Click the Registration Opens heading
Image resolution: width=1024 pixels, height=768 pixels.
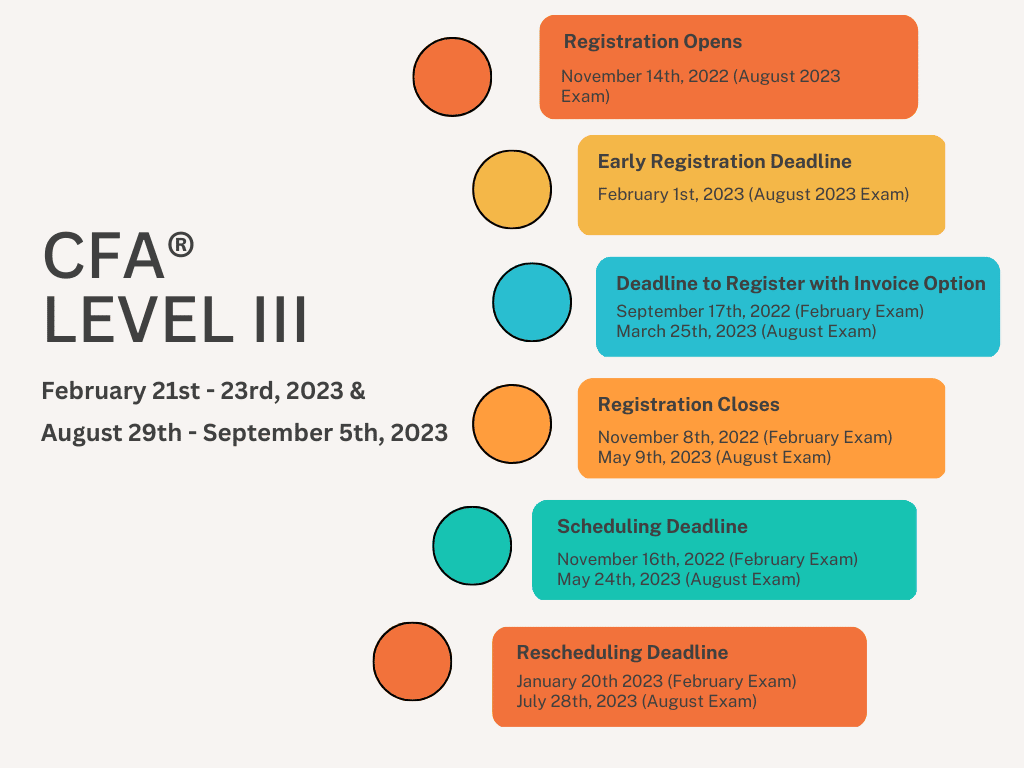[653, 42]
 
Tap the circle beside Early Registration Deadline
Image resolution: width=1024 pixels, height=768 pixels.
[512, 189]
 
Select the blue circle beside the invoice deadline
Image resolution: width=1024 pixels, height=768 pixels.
[532, 302]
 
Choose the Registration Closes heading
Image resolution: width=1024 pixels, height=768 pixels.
[688, 405]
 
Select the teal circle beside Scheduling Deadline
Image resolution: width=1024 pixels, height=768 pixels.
[472, 546]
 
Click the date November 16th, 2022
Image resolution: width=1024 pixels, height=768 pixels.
[641, 560]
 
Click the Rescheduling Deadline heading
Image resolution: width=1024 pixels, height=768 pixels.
[622, 653]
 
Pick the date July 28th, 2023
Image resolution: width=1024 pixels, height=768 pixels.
[577, 701]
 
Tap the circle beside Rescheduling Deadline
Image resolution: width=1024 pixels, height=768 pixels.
[412, 662]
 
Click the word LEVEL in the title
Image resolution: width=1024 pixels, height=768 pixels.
[142, 321]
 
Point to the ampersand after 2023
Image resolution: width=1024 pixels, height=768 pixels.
[358, 391]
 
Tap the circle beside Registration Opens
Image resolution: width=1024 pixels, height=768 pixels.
[452, 77]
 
